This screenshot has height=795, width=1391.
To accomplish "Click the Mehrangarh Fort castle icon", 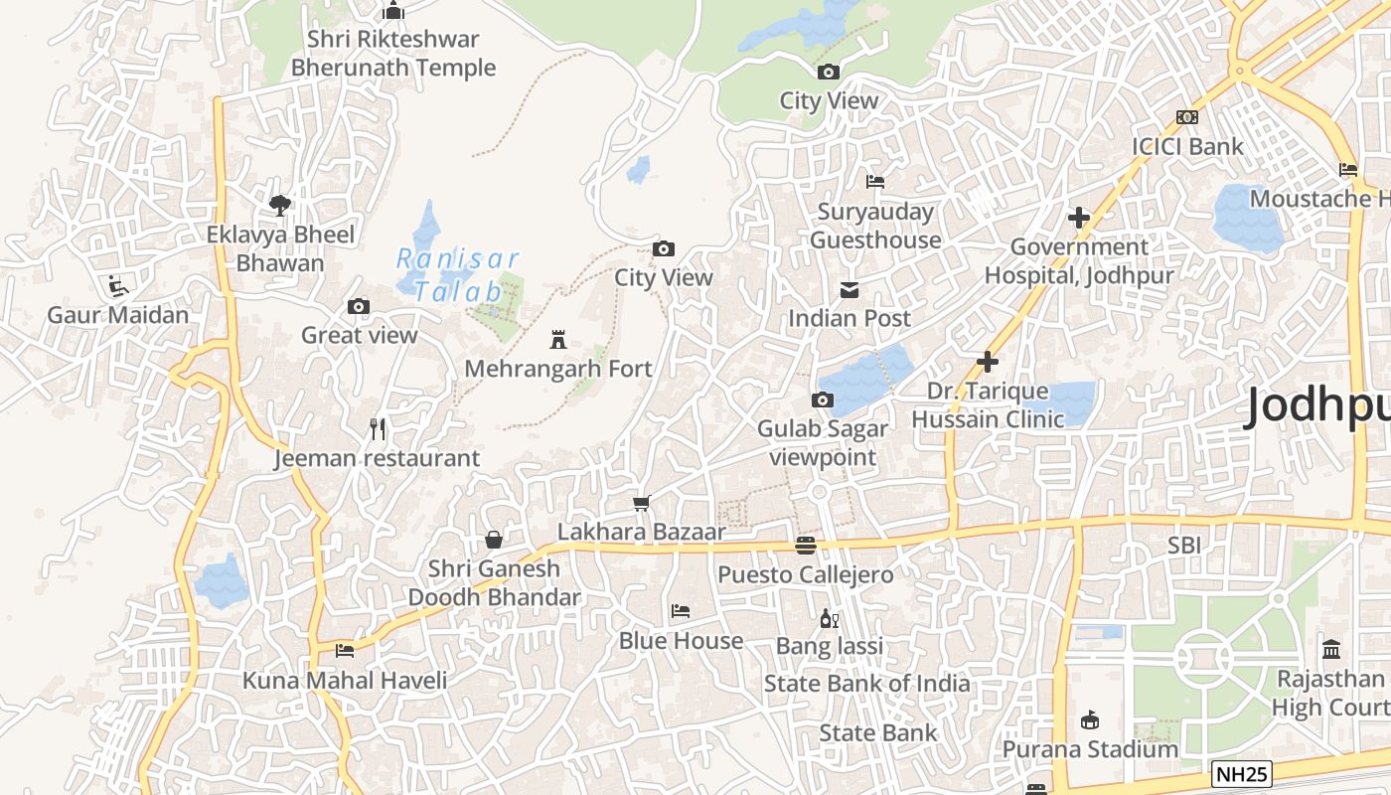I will tap(558, 340).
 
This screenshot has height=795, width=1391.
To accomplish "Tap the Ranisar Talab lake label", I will tap(458, 275).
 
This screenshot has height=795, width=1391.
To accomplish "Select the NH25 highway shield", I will tap(1242, 772).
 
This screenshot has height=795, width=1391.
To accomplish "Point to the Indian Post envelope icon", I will tap(850, 290).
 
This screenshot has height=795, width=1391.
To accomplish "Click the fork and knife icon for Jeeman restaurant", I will tap(378, 429).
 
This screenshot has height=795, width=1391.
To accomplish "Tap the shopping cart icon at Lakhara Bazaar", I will tap(642, 504).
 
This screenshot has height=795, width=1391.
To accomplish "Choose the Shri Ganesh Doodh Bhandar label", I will tap(494, 583).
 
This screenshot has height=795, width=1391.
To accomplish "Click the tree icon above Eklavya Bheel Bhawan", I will tap(280, 206).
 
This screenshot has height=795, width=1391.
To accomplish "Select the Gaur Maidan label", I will tap(118, 315).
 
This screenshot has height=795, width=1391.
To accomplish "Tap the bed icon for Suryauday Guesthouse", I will tap(875, 182).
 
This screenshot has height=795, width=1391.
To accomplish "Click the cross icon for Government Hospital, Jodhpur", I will tap(1079, 218).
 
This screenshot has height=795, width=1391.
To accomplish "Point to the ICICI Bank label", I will tap(1187, 146).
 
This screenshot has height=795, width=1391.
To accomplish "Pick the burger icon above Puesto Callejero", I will tap(806, 546).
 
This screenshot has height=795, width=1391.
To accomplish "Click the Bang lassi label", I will tap(830, 646).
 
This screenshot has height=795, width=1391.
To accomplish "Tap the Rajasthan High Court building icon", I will tap(1331, 650).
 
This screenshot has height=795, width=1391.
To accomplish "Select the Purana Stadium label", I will tap(1090, 748).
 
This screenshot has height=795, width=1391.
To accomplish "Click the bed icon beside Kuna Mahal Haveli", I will tap(345, 651).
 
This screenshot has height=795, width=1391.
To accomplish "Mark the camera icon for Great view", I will tap(359, 307).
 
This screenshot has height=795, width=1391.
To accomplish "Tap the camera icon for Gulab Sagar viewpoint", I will tap(823, 400).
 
